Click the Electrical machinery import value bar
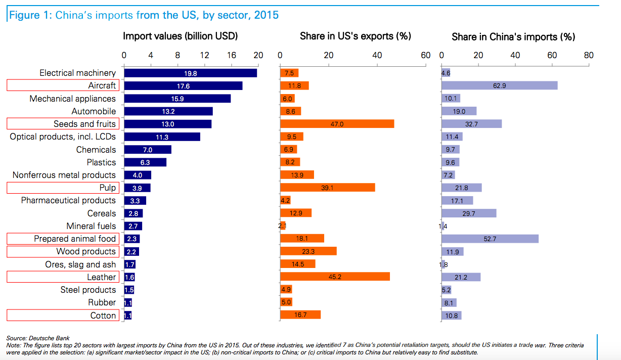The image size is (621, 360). click(190, 73)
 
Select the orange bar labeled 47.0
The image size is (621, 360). click(337, 124)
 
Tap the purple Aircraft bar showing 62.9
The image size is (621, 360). click(499, 86)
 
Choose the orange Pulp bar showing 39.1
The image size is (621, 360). click(328, 188)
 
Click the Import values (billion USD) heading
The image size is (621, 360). click(181, 36)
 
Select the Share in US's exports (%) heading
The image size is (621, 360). click(356, 36)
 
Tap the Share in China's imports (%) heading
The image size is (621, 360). click(513, 36)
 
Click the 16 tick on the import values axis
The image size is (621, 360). click(232, 56)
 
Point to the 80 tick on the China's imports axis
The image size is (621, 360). click(589, 56)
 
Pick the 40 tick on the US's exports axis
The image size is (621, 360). click(377, 56)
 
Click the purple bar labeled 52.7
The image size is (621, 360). click(490, 239)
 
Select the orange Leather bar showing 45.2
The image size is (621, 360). click(335, 277)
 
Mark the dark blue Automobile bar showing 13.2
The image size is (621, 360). click(168, 111)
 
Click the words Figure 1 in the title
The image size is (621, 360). click(29, 15)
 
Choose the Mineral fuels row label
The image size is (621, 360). click(91, 226)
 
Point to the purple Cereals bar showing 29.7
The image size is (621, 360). click(469, 213)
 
